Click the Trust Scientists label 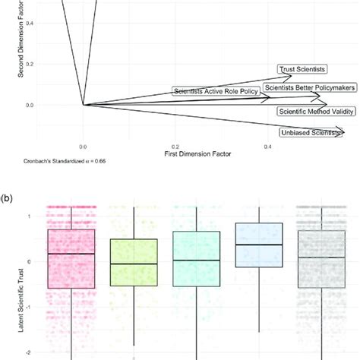(x=303, y=69)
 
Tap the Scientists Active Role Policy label (x=216, y=92)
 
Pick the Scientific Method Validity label (x=316, y=111)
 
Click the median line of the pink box (x=71, y=254)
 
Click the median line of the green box (x=134, y=264)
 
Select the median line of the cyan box (x=196, y=261)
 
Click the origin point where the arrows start (x=83, y=105)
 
